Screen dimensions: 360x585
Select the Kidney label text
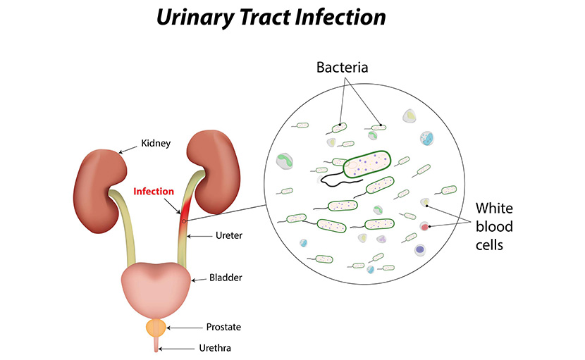click(x=155, y=143)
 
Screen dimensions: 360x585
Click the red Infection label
click(x=153, y=191)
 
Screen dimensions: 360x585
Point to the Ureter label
click(x=228, y=235)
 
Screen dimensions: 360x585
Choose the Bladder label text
click(x=226, y=278)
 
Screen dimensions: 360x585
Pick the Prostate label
click(x=223, y=327)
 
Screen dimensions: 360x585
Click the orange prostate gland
click(x=156, y=327)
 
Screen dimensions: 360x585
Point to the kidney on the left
click(x=100, y=185)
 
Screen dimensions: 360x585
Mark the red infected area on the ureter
click(x=185, y=211)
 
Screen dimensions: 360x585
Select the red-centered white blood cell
click(x=424, y=227)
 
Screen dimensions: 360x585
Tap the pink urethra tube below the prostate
click(x=156, y=343)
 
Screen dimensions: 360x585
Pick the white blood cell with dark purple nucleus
click(x=420, y=249)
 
